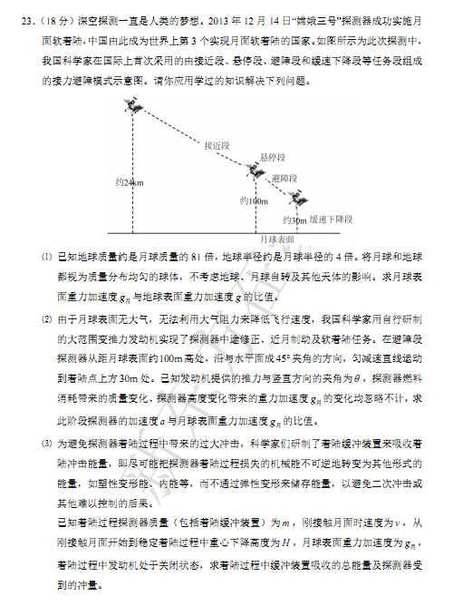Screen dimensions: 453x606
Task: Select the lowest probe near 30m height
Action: click(295, 196)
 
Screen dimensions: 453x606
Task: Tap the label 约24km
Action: click(130, 183)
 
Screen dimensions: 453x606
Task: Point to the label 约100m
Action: click(255, 200)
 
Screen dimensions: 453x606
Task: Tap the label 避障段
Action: click(284, 179)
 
